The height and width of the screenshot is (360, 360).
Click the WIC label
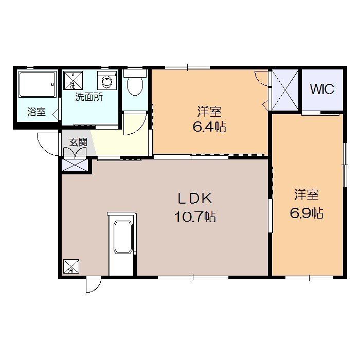(x=322, y=89)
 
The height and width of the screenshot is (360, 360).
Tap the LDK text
(x=195, y=199)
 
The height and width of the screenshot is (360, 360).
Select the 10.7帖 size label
(x=195, y=217)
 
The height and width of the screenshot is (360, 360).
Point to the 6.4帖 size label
(x=209, y=127)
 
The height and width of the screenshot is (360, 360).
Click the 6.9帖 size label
(x=307, y=213)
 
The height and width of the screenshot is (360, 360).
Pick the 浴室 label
(x=37, y=112)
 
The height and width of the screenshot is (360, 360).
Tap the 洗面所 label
(x=89, y=97)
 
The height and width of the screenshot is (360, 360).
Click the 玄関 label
(x=78, y=142)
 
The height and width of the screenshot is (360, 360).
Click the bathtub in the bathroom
(x=38, y=84)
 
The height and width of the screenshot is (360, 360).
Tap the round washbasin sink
(x=107, y=82)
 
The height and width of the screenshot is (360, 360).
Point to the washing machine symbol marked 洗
(x=73, y=80)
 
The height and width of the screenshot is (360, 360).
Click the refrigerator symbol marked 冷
(x=71, y=266)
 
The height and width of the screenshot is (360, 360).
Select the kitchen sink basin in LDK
(x=123, y=237)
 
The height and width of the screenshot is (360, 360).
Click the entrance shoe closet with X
(x=75, y=165)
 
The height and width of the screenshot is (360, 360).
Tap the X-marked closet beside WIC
(x=285, y=90)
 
